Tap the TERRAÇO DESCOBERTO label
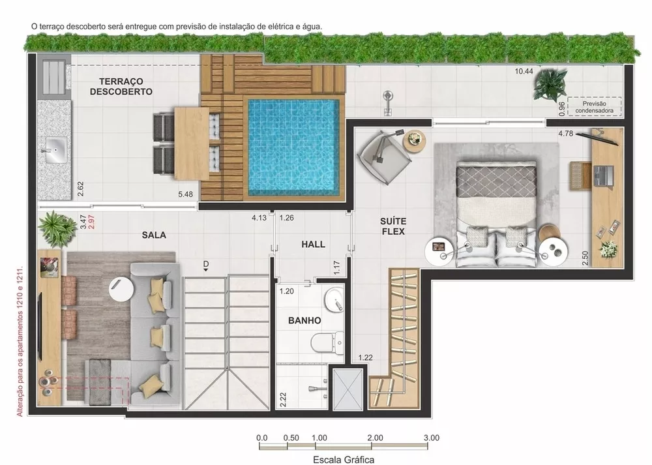pos(121,87)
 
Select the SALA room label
pos(154,234)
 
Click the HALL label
pos(313,244)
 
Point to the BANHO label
pos(304,321)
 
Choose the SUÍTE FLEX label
pos(393,226)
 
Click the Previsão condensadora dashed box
pos(593,106)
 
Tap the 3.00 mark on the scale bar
pos(430,438)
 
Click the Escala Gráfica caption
pos(343,458)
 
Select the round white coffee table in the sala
pos(122,288)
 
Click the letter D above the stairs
pos(205,264)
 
